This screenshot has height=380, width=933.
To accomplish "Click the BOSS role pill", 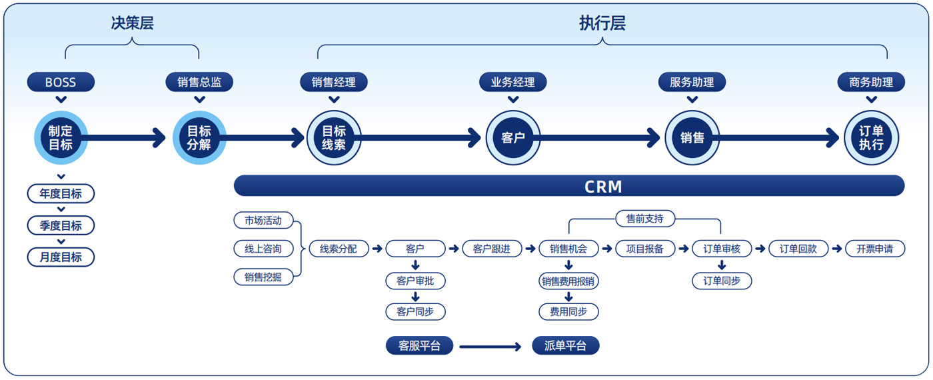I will tap(61, 83).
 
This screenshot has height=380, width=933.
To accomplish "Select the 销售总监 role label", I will tap(199, 83).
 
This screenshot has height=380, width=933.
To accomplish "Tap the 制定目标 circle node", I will tap(61, 138).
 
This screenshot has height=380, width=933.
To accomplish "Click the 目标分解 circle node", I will tap(199, 138).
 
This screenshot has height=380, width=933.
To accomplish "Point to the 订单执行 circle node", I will tap(871, 138).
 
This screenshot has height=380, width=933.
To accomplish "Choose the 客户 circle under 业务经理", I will tap(512, 138).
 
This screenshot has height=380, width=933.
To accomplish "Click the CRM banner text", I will tap(603, 186).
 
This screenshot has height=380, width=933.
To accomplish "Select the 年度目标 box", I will tap(61, 194).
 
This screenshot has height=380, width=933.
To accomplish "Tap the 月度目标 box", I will tap(61, 257).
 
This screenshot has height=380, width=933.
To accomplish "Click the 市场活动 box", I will tap(263, 220).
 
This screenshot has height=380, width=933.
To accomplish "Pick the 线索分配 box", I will tap(338, 249).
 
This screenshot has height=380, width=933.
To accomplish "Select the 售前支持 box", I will tap(644, 218).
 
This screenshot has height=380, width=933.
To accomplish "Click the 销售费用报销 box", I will tap(568, 281).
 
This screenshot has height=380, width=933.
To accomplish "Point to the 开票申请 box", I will tap(874, 249).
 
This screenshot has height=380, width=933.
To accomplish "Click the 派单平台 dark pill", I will tap(566, 346).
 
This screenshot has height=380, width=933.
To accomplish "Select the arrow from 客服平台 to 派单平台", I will tap(490, 347).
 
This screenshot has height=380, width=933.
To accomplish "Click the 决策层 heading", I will tap(132, 23).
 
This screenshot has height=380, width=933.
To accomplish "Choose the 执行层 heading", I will tap(602, 23).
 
